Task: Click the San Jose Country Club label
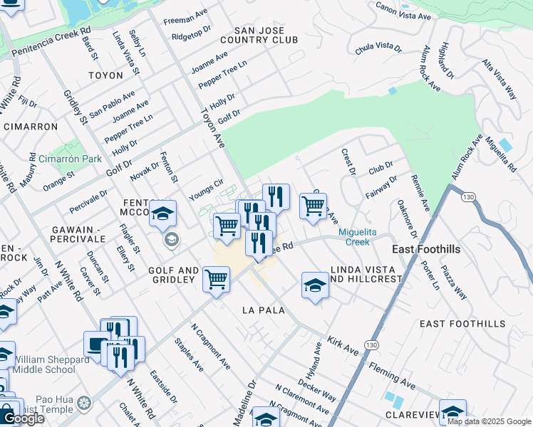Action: point(259,36)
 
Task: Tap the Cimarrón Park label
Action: point(71,159)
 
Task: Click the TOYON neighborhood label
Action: point(105,75)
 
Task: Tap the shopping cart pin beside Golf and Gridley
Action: point(216,278)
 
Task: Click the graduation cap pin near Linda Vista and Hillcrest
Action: point(315,285)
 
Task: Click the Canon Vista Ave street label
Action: point(403,11)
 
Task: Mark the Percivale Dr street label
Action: point(88,201)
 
